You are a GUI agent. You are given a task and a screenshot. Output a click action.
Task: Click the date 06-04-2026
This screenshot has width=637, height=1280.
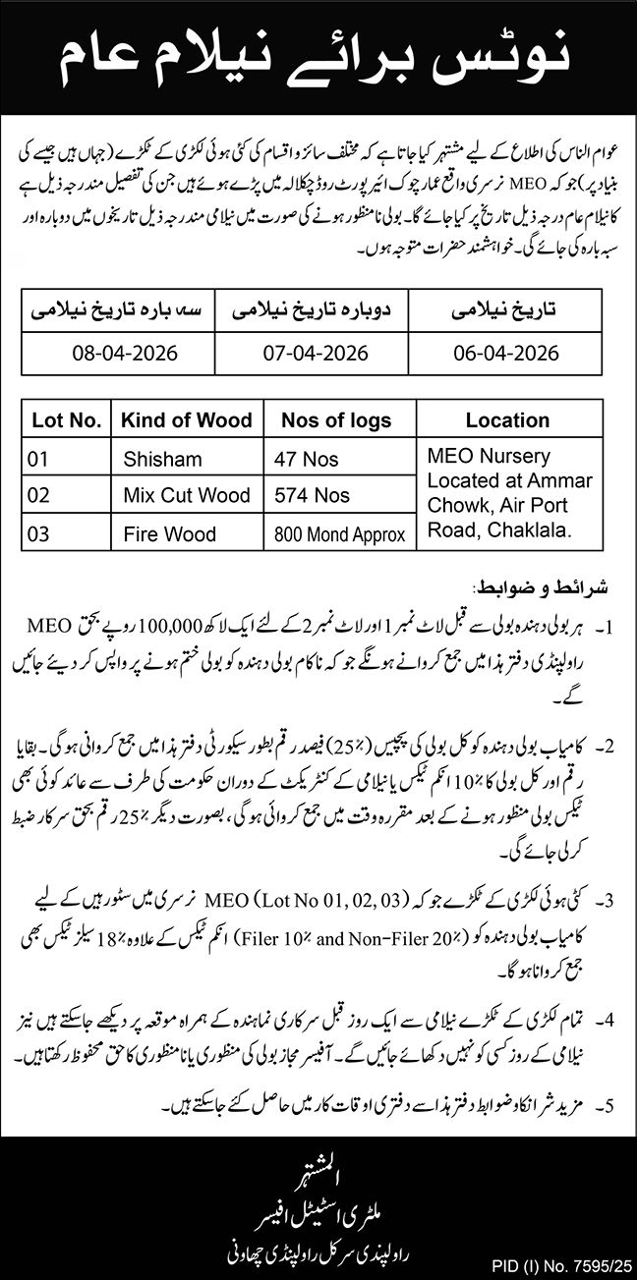[507, 353]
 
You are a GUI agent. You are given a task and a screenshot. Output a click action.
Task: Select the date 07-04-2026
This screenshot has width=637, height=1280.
[315, 353]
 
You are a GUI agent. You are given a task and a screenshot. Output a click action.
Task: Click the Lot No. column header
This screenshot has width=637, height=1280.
[67, 420]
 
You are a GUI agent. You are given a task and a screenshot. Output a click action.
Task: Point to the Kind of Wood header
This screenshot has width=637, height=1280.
[186, 420]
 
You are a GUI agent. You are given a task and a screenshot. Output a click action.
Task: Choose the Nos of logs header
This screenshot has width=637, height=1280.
[336, 420]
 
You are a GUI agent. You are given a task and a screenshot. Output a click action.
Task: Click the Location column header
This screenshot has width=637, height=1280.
[507, 420]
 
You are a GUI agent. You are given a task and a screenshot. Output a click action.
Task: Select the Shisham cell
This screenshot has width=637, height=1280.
[162, 458]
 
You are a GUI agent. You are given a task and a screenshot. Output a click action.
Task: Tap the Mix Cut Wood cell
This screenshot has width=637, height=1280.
[187, 495]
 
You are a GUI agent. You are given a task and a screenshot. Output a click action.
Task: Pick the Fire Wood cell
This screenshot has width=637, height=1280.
[169, 534]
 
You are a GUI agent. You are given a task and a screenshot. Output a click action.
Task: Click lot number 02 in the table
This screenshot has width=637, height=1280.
[39, 495]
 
